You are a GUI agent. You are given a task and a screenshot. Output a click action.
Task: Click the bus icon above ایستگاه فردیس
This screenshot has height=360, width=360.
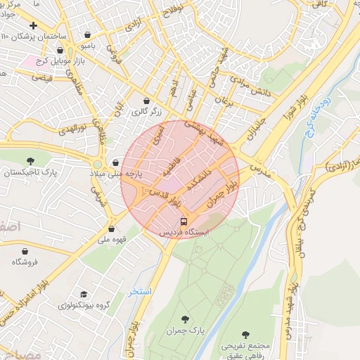pos(184,221)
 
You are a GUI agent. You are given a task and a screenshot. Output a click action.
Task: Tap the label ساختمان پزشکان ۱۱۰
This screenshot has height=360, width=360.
pos(33,36)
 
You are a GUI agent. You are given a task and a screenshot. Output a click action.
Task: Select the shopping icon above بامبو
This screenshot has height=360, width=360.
pos(87,34)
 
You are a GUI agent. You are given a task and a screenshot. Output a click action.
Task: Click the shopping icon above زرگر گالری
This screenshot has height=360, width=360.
pos(146,101)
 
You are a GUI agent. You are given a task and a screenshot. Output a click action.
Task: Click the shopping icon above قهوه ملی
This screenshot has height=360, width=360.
pos(111,229)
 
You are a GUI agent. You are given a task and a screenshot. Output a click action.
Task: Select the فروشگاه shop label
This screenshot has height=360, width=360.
pos(26,262)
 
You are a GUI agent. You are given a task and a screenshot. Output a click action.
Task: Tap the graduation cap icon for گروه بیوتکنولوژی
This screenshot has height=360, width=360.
pos(84,294)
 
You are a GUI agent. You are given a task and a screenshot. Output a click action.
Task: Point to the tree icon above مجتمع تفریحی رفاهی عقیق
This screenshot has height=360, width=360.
pos(245,335)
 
